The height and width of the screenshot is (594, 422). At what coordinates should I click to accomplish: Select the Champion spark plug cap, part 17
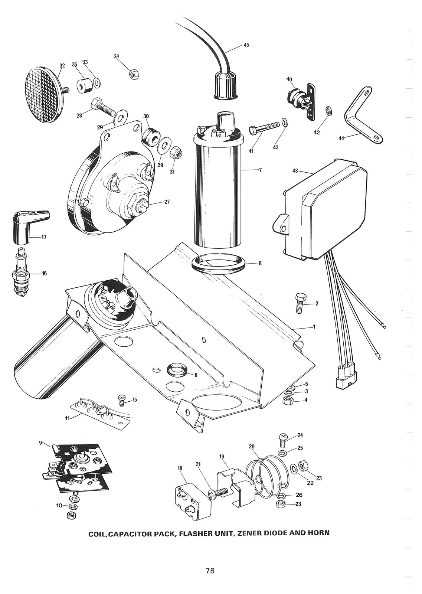(x=27, y=226)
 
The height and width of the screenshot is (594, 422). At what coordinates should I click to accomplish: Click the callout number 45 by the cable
(x=246, y=45)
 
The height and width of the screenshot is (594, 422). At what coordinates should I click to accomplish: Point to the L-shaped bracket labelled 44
(x=362, y=115)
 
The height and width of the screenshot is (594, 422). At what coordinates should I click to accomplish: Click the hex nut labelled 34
(x=133, y=74)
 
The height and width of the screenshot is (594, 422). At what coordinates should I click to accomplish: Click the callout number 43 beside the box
(x=295, y=171)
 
